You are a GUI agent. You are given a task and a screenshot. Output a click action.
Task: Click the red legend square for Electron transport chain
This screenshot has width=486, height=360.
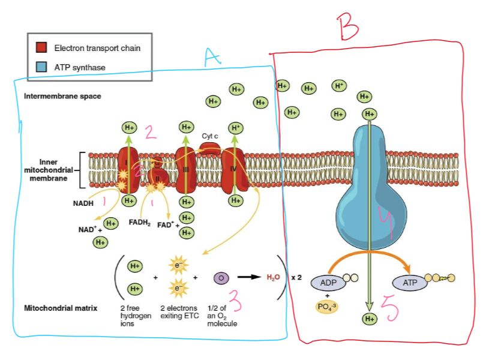click(x=41, y=47)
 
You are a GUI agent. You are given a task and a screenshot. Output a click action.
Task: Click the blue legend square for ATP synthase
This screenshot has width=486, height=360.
click(x=41, y=67)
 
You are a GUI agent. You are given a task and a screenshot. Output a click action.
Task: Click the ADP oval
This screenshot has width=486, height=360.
click(x=329, y=282)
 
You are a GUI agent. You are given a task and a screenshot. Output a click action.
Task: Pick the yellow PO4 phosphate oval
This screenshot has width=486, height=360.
click(x=328, y=307)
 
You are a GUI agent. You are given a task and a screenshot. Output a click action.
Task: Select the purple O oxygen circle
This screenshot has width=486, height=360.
click(x=221, y=278)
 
